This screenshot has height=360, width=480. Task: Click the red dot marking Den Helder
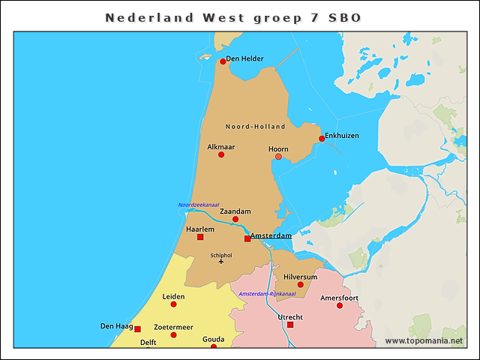223,61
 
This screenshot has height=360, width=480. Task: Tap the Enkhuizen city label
341,136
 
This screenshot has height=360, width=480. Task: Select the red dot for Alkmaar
221,154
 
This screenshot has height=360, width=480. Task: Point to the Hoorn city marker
279,157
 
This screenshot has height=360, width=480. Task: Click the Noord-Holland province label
256,127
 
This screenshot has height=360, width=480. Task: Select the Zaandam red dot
235,220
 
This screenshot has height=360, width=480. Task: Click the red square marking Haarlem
200,237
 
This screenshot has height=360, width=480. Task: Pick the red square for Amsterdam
247,239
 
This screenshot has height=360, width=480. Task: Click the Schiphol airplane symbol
220,262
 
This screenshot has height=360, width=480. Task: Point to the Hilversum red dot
301,285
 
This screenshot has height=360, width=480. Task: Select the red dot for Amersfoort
340,306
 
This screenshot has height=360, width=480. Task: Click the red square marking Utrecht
290,325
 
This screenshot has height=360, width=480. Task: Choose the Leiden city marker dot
173,304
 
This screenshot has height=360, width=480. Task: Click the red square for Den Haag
137,329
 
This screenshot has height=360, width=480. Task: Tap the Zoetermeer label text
173,327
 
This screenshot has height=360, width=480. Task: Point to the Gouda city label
213,339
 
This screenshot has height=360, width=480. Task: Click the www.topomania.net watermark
424,341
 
